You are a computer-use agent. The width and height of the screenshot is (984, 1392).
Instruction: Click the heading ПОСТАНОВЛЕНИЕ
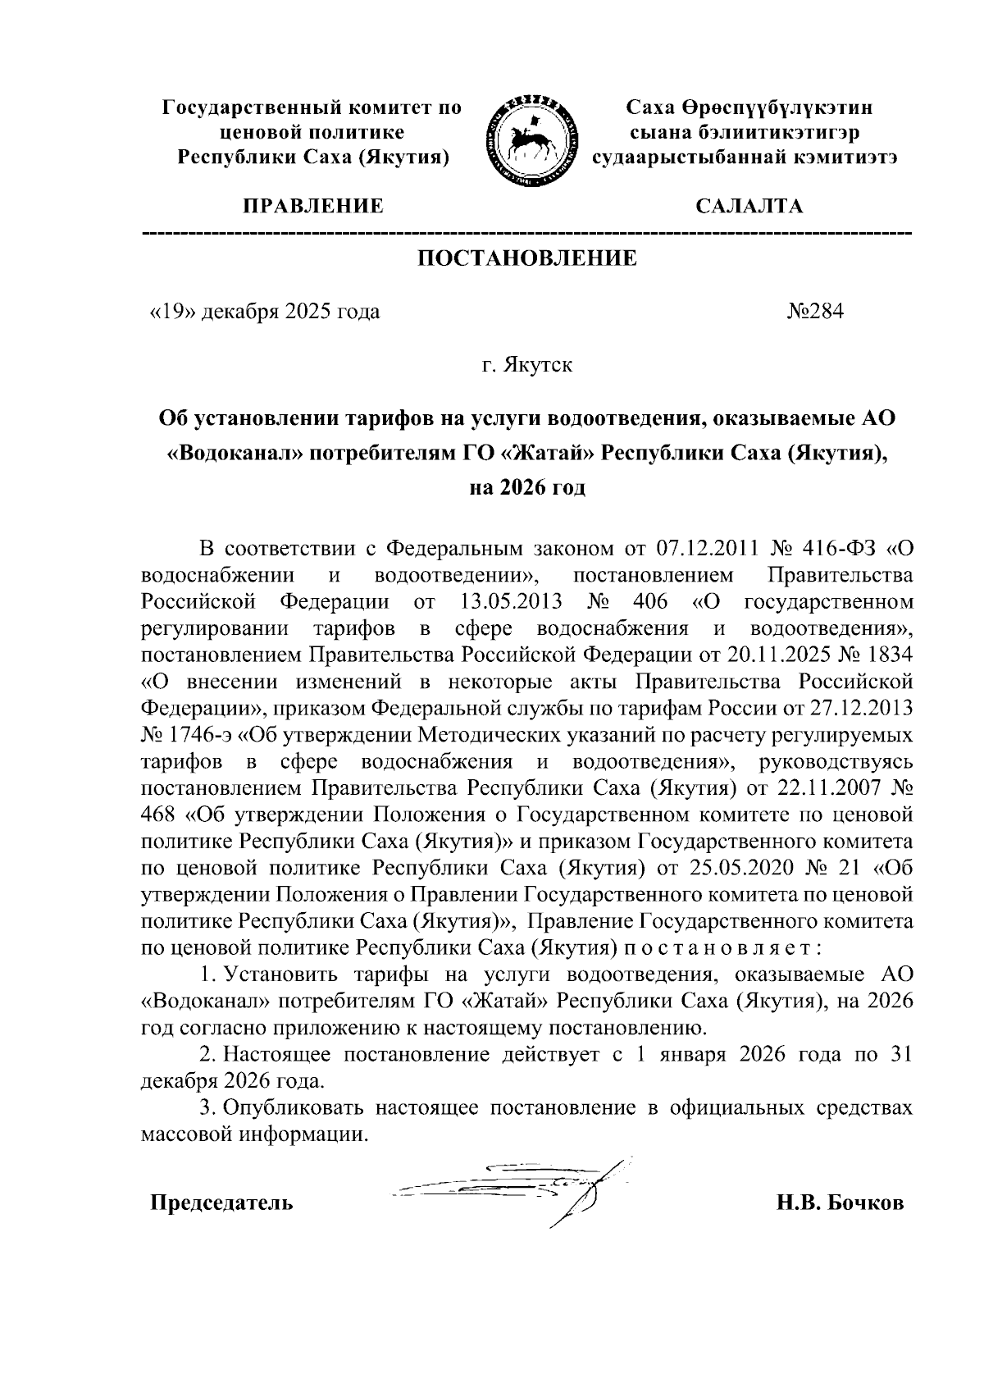tap(527, 259)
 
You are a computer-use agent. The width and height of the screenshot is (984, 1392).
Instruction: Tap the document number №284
tap(815, 312)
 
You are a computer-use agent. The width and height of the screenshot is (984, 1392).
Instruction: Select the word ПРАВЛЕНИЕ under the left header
tap(312, 206)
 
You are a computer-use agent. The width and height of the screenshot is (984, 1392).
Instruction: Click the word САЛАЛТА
tap(749, 206)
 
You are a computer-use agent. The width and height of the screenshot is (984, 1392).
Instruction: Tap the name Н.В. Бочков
tap(840, 1203)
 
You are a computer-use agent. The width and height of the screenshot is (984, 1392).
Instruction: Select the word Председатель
tap(221, 1203)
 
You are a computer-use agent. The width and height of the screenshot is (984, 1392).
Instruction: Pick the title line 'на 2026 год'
tap(527, 489)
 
